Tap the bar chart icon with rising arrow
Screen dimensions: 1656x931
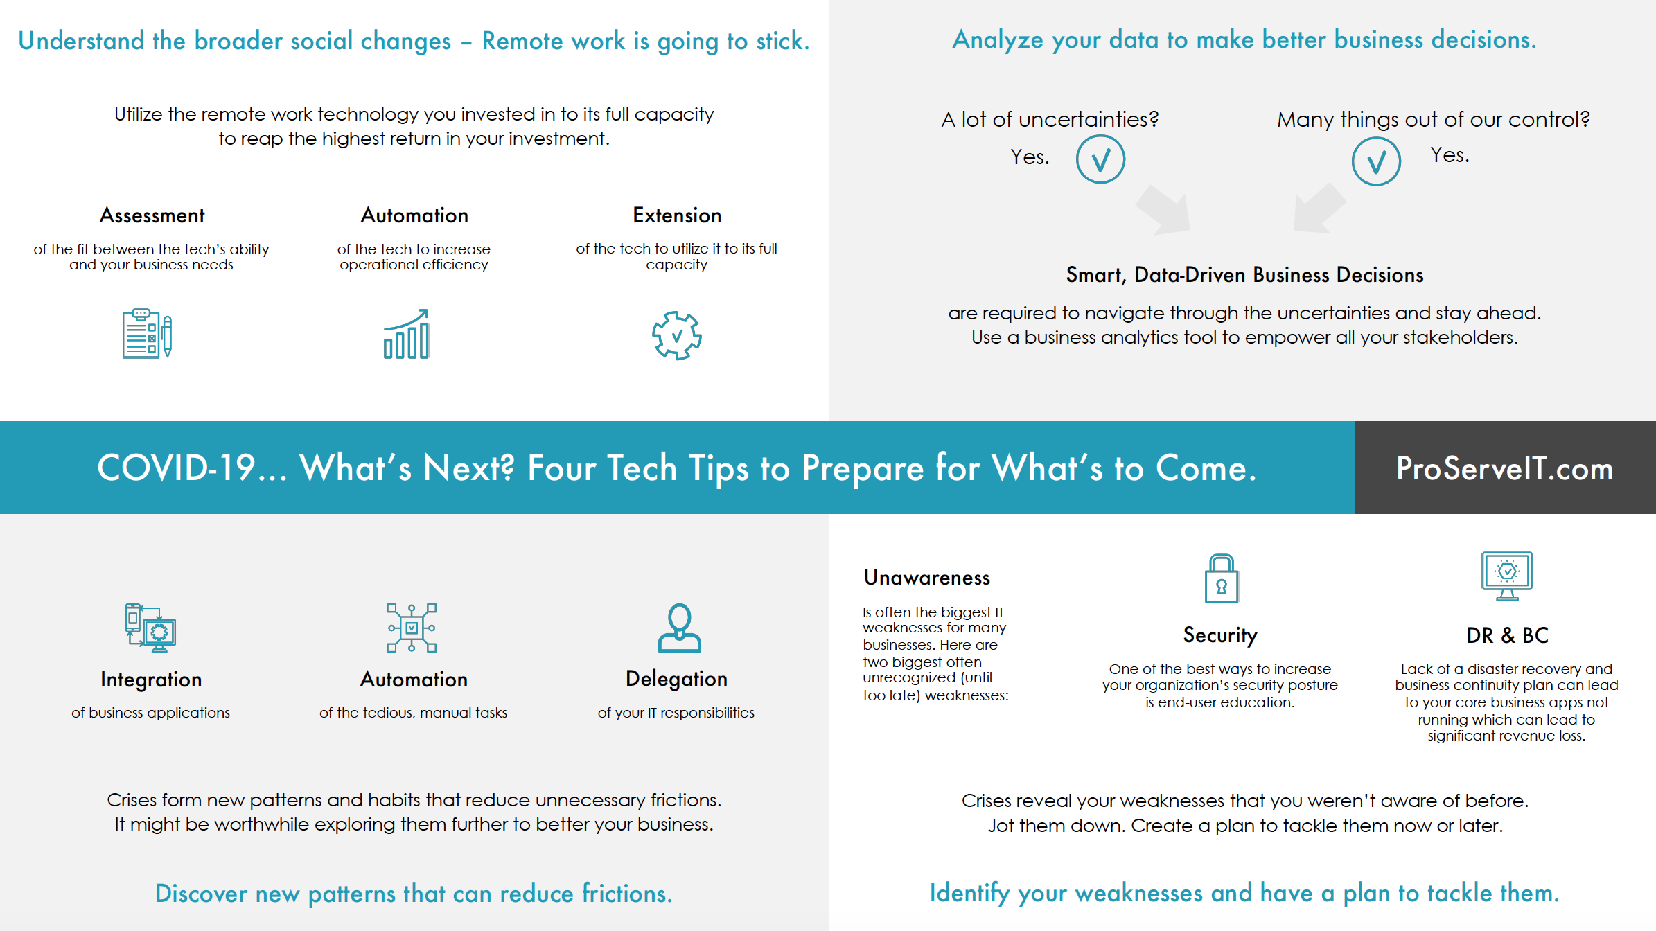(407, 334)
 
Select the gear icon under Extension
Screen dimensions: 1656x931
(677, 336)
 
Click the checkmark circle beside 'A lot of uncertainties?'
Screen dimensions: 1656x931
(1100, 159)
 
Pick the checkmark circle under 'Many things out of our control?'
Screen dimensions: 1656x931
(1376, 161)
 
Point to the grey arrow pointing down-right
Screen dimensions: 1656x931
(1164, 209)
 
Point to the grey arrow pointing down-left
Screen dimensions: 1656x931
(1319, 208)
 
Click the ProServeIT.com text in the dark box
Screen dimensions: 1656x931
(1505, 468)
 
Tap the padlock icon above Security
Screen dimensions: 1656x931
(1222, 578)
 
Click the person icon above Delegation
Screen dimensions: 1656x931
(679, 628)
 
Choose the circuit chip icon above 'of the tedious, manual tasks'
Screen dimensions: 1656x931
(412, 628)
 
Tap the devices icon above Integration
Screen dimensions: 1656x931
(150, 628)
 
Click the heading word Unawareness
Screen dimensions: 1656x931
(927, 578)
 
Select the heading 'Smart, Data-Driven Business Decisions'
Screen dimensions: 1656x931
(1244, 275)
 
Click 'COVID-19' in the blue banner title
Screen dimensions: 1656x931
(177, 468)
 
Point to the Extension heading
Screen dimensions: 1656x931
(677, 215)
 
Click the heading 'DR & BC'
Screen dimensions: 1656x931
(1507, 635)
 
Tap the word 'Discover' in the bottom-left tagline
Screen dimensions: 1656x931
(201, 894)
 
